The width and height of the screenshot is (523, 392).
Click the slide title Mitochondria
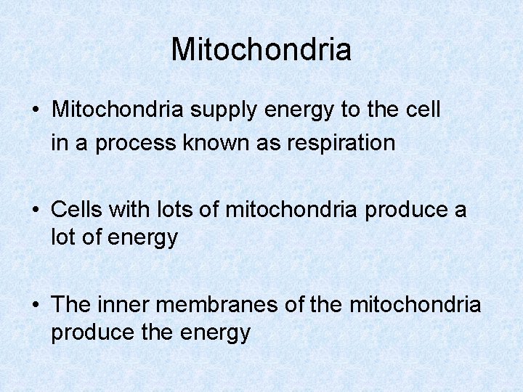(261, 49)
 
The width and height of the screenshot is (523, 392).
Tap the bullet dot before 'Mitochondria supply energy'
(36, 110)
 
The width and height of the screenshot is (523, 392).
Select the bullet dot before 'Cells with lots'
(36, 210)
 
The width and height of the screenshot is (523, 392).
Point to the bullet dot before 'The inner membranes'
(36, 305)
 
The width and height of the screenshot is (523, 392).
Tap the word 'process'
(136, 143)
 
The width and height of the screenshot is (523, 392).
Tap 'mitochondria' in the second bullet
(291, 210)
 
